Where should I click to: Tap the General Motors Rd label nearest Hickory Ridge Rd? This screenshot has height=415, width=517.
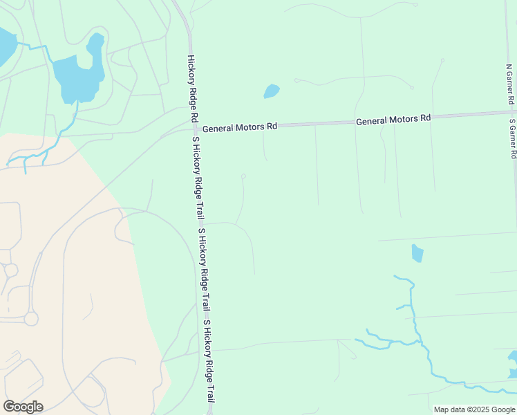point(239,127)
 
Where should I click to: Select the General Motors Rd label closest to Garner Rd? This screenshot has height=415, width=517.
point(393,119)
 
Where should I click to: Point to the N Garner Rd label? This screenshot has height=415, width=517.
point(510,85)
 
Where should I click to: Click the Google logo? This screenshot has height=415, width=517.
point(23,407)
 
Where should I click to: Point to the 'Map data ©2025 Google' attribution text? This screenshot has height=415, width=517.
point(473,409)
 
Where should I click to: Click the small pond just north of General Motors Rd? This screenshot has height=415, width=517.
point(272,91)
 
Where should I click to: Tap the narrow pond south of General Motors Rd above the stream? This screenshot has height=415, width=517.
point(417,253)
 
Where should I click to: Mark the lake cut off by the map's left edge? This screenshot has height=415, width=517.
point(6,45)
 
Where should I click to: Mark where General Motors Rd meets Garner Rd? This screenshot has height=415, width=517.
point(512,112)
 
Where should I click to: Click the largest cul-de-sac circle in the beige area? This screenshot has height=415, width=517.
point(31,319)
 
